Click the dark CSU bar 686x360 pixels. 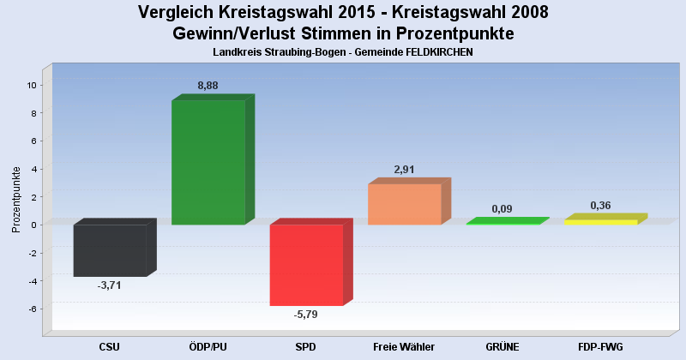click(110, 250)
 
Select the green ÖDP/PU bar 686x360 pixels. click(208, 163)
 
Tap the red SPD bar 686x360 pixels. click(306, 265)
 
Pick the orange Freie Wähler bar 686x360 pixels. click(404, 204)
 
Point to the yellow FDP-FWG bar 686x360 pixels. click(600, 221)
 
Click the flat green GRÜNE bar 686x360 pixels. click(502, 222)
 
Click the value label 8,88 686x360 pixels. click(209, 86)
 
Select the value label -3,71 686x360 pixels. click(110, 285)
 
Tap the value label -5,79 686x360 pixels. click(306, 315)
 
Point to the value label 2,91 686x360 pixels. click(404, 170)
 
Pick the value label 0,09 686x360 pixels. click(502, 208)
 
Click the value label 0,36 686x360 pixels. click(600, 206)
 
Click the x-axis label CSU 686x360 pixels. click(109, 347)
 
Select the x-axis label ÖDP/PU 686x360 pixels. click(208, 347)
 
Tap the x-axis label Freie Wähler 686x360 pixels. click(404, 347)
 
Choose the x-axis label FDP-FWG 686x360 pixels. click(600, 347)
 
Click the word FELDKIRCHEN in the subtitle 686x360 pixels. click(433, 52)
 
